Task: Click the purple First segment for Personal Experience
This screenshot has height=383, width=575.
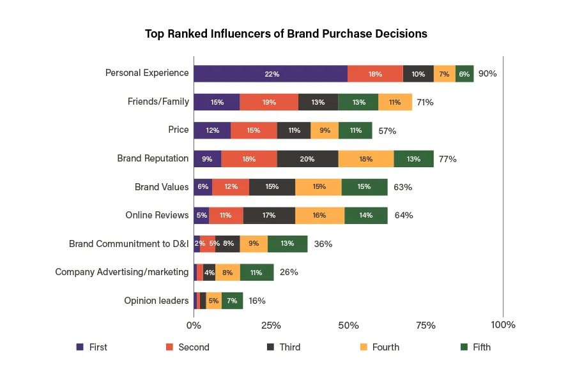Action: coord(272,73)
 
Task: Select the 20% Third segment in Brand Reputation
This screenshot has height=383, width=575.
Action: coord(307,159)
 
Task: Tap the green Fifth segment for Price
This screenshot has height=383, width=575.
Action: coord(355,130)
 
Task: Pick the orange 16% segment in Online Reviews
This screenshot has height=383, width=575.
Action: coord(319,216)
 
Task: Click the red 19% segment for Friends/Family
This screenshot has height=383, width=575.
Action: coord(268,102)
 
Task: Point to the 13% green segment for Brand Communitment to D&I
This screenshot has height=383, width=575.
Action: coord(287,244)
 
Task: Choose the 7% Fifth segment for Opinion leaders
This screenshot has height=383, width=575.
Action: coord(232,301)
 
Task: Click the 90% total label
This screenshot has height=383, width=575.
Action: coord(487,73)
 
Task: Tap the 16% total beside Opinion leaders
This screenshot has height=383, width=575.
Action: coord(257,301)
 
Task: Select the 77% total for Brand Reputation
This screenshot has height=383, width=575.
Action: coord(447,159)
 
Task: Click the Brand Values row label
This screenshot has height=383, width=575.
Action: coord(162,187)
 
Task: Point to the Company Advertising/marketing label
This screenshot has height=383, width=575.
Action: coord(122,272)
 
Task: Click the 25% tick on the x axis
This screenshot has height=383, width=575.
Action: coord(272,326)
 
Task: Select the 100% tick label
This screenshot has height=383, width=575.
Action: coord(503,326)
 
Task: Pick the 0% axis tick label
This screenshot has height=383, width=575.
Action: coord(194,326)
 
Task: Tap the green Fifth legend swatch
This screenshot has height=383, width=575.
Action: coord(464,347)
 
